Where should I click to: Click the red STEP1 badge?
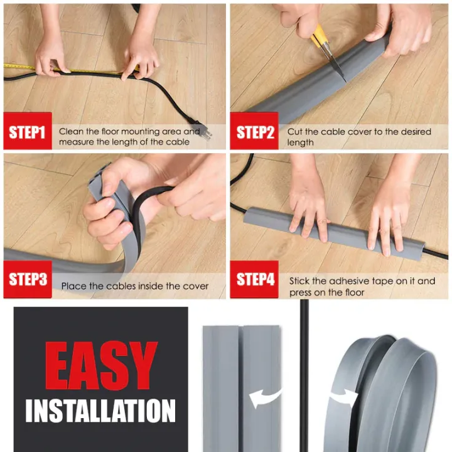pyautogui.click(x=27, y=132)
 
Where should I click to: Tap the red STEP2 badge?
pyautogui.click(x=254, y=132)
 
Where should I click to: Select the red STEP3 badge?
pyautogui.click(x=27, y=279)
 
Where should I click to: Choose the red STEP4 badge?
pyautogui.click(x=254, y=279)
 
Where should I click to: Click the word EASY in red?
pyautogui.click(x=100, y=367)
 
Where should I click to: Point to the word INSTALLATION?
pyautogui.click(x=100, y=411)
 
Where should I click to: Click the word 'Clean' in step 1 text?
pyautogui.click(x=71, y=132)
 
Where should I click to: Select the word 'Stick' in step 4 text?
pyautogui.click(x=299, y=281)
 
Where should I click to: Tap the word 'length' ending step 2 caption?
pyautogui.click(x=301, y=143)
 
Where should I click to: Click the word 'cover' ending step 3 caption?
pyautogui.click(x=195, y=286)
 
